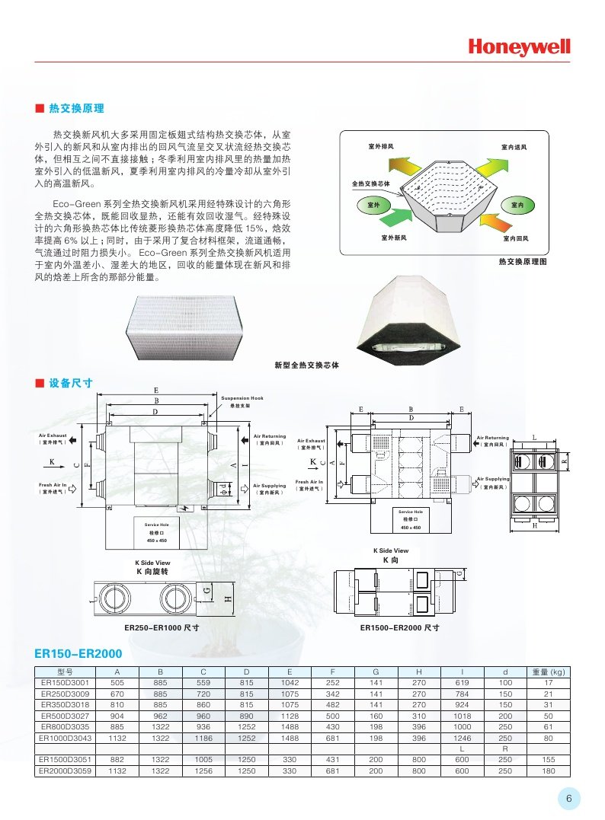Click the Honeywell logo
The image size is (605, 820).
click(519, 47)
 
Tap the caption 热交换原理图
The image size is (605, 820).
click(523, 261)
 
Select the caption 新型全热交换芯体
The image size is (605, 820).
click(306, 365)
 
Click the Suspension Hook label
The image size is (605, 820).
click(242, 398)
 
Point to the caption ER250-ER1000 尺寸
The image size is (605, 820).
click(162, 628)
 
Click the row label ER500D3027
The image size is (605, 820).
click(65, 716)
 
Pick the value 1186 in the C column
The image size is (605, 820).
click(203, 738)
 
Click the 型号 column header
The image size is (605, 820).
click(65, 672)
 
